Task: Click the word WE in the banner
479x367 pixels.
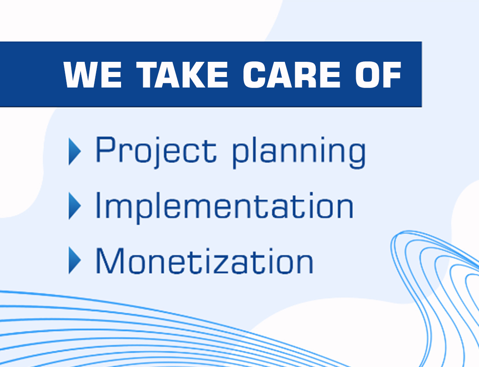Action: [92, 74]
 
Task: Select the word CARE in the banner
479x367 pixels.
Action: [292, 74]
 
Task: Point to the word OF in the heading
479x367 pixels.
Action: [378, 74]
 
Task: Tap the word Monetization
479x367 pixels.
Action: [204, 260]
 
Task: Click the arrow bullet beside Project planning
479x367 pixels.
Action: [75, 152]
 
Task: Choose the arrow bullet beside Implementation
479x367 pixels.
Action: [75, 206]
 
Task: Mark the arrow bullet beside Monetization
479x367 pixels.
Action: [75, 260]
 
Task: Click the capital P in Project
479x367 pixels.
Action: [106, 149]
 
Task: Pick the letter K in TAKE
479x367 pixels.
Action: [193, 74]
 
